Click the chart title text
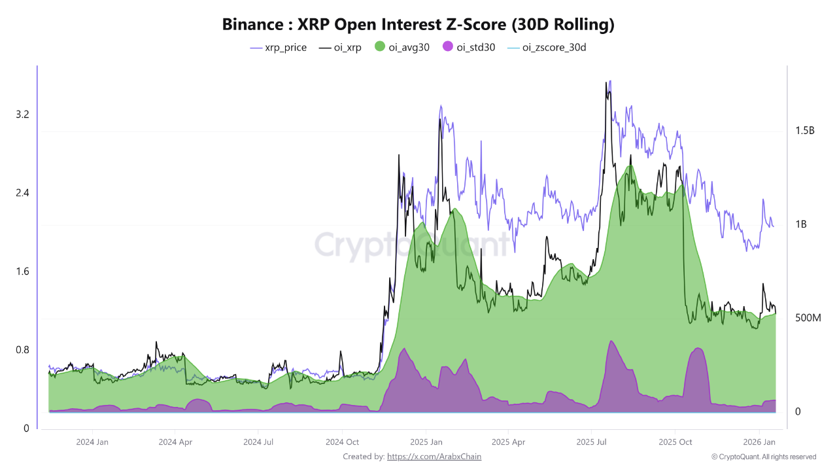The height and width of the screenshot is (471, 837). coord(418,25)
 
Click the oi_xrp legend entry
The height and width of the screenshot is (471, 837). coord(340,48)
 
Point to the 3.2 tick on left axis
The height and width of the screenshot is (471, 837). coord(22,114)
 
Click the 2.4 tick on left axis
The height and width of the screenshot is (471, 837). coord(22,193)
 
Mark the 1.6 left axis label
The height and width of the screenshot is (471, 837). coord(22,271)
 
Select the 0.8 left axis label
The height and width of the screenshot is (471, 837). coord(22,350)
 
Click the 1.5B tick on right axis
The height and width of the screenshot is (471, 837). coord(804,131)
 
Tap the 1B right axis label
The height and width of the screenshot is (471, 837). coord(801,224)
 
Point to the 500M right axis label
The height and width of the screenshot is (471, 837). coord(807,318)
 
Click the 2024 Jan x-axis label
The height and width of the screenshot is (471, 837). coord(92,442)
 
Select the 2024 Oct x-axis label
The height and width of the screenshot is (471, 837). coord(343,442)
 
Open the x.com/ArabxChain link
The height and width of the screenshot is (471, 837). coord(434,457)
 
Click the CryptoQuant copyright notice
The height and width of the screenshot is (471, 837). coord(764,457)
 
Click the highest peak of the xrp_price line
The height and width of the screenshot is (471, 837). coord(610,82)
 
